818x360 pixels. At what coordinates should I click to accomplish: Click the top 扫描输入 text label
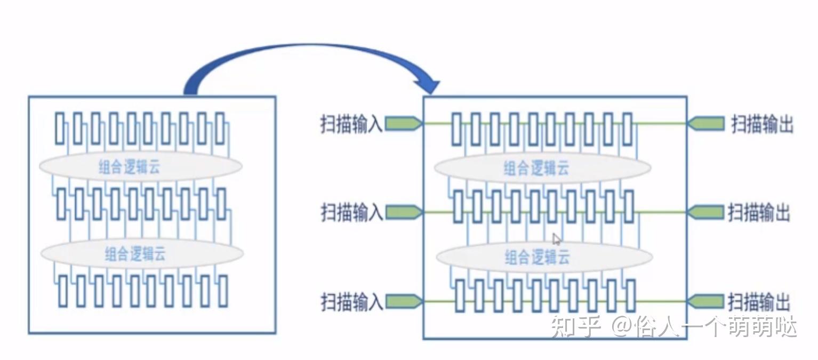[352, 124]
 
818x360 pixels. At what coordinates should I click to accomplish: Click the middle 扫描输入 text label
[352, 212]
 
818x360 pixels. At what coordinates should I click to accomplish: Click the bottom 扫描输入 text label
[352, 302]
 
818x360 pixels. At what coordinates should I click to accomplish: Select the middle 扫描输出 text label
[759, 212]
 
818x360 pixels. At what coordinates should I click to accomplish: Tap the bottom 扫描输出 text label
[759, 302]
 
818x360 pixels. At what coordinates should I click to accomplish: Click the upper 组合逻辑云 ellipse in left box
[141, 167]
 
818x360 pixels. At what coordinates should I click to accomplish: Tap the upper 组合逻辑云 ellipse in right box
[542, 169]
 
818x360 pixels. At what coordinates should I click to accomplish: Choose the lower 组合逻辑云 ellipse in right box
[544, 258]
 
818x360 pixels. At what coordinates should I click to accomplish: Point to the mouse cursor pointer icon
[556, 239]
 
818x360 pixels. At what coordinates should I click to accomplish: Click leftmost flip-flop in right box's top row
[456, 129]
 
